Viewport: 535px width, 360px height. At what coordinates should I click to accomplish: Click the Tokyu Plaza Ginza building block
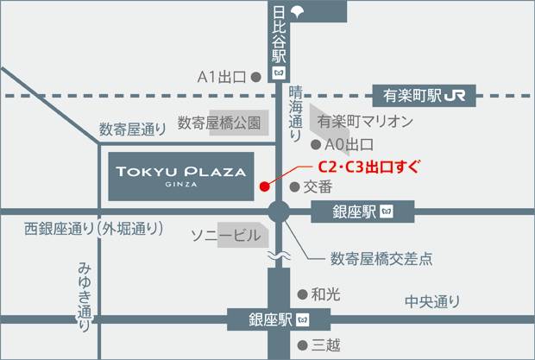(x=181, y=175)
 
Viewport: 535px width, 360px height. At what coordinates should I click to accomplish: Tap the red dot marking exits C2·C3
(x=263, y=184)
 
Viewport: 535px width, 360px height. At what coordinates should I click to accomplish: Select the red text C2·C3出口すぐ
(x=368, y=167)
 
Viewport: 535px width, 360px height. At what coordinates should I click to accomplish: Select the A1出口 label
(x=223, y=77)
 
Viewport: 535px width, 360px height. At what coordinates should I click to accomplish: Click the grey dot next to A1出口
(x=255, y=77)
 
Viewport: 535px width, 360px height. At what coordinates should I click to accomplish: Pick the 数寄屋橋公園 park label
(x=218, y=123)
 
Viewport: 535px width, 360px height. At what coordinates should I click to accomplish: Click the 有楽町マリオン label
(x=365, y=122)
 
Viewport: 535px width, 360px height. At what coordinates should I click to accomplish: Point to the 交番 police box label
(x=318, y=186)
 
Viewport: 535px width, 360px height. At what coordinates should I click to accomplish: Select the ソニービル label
(x=225, y=235)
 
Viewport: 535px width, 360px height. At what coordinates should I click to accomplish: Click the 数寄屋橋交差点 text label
(x=381, y=257)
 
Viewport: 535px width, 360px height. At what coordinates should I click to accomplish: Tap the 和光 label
(x=325, y=294)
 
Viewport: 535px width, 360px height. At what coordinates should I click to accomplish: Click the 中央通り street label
(x=433, y=301)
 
